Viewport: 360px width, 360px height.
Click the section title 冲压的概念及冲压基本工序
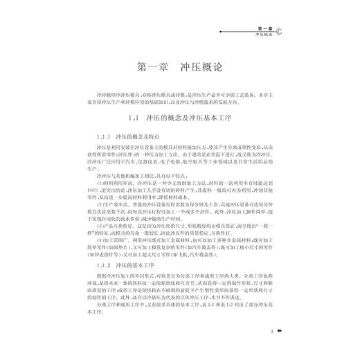(190, 118)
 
